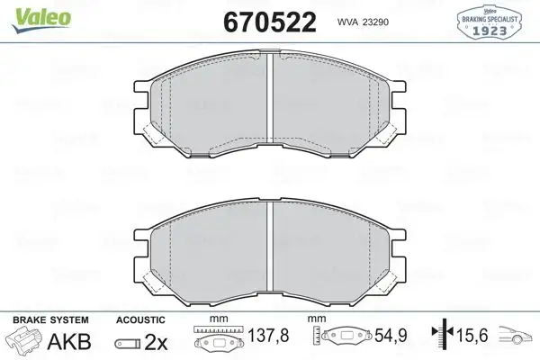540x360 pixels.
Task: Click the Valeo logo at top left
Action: coord(30,11)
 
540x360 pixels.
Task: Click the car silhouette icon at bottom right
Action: coord(520,336)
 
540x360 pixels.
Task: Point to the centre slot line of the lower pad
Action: coord(270,252)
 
